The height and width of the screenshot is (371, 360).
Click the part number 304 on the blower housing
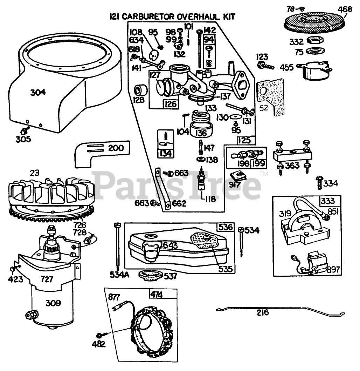38,92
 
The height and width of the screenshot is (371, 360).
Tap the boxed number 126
171,104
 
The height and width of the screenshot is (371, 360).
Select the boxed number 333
328,201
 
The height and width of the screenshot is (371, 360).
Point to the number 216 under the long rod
263,313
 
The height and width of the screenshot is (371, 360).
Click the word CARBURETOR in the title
148,16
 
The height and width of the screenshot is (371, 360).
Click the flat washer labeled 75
315,50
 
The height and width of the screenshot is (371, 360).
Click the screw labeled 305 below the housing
25,130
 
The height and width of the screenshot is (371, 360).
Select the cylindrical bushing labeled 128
140,90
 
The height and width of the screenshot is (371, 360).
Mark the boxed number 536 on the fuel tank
226,227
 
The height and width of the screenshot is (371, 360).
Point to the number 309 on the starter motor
53,303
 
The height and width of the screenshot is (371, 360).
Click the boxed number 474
157,295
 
